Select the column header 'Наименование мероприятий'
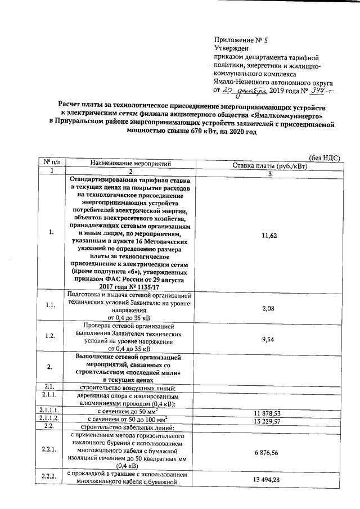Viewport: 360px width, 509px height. (x=129, y=163)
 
